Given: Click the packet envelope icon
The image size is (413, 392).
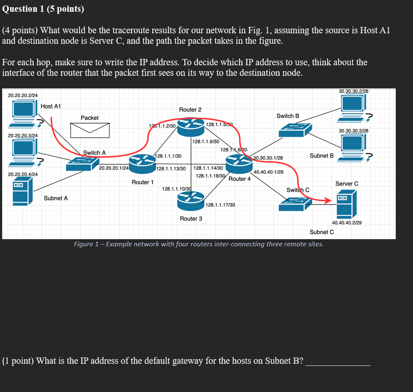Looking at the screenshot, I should [x=90, y=130].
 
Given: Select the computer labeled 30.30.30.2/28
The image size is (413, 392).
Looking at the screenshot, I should [x=353, y=105].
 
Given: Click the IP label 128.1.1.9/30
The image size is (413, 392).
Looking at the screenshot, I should [x=206, y=141].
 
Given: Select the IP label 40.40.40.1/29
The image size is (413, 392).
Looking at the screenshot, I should [x=268, y=172].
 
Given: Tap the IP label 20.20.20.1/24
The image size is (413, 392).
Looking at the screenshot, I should [x=114, y=168].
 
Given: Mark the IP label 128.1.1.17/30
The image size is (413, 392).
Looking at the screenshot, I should [x=220, y=205].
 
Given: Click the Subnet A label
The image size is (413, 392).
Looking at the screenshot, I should [x=56, y=198].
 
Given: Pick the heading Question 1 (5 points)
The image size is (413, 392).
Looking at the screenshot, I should [x=43, y=9].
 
